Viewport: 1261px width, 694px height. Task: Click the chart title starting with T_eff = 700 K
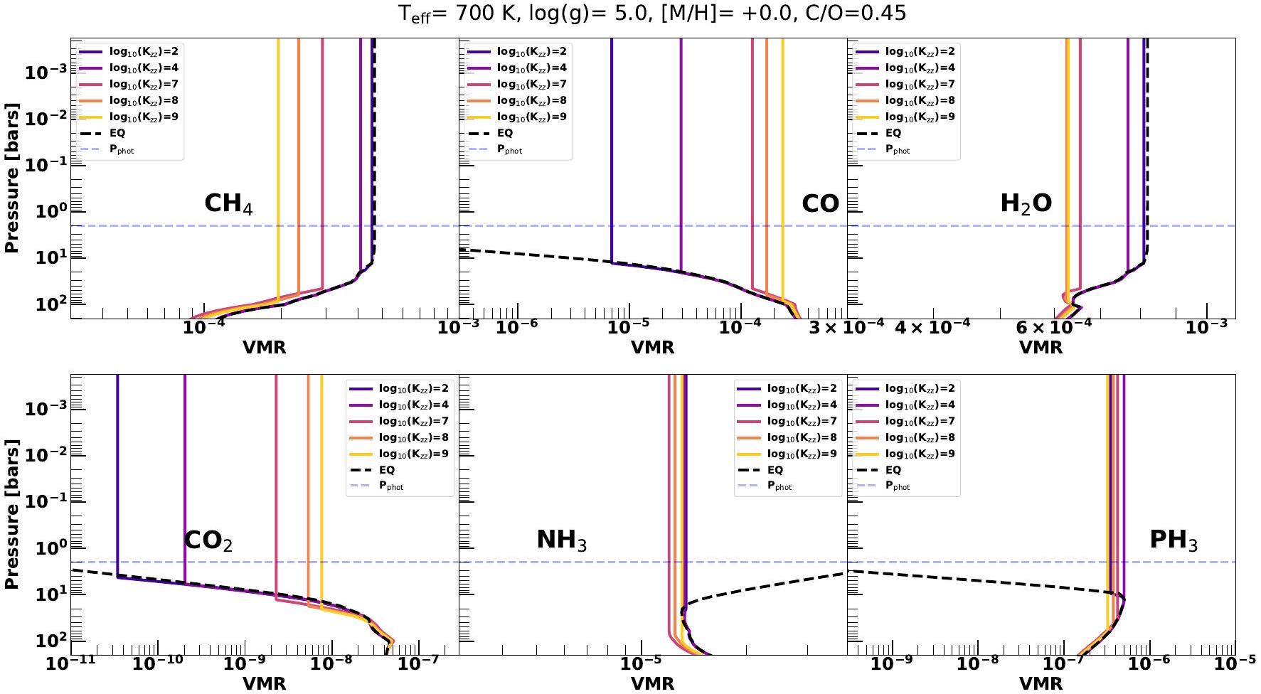651,14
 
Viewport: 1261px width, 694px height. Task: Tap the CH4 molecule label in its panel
228,204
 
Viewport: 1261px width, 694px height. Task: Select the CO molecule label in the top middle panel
820,204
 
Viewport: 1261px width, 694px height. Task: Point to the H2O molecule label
1026,204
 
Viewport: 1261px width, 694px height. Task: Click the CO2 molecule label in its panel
208,540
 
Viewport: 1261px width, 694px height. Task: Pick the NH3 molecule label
561,540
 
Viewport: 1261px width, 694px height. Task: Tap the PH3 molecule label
1173,540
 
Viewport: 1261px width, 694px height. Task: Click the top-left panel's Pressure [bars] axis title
11,178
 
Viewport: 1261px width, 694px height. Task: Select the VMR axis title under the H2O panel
1041,348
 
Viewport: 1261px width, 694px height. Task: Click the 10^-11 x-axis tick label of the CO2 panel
69,664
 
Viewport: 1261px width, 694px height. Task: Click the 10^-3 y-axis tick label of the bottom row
45,408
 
